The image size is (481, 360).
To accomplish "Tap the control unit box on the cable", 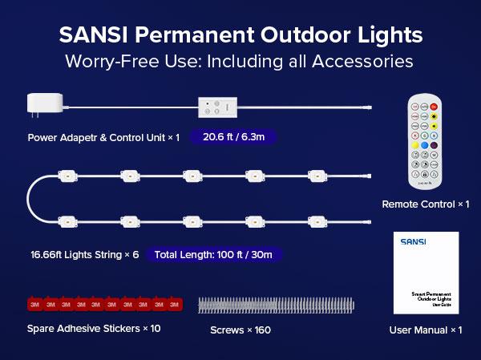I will tap(216, 107).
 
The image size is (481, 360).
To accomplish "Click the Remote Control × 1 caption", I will tap(426, 205).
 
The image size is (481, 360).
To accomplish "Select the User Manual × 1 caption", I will tap(426, 330).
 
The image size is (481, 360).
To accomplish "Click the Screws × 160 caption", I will tap(241, 330).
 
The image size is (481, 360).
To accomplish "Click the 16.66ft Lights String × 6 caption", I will tap(83, 254).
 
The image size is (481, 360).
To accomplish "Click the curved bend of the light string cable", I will tap(32, 196).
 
